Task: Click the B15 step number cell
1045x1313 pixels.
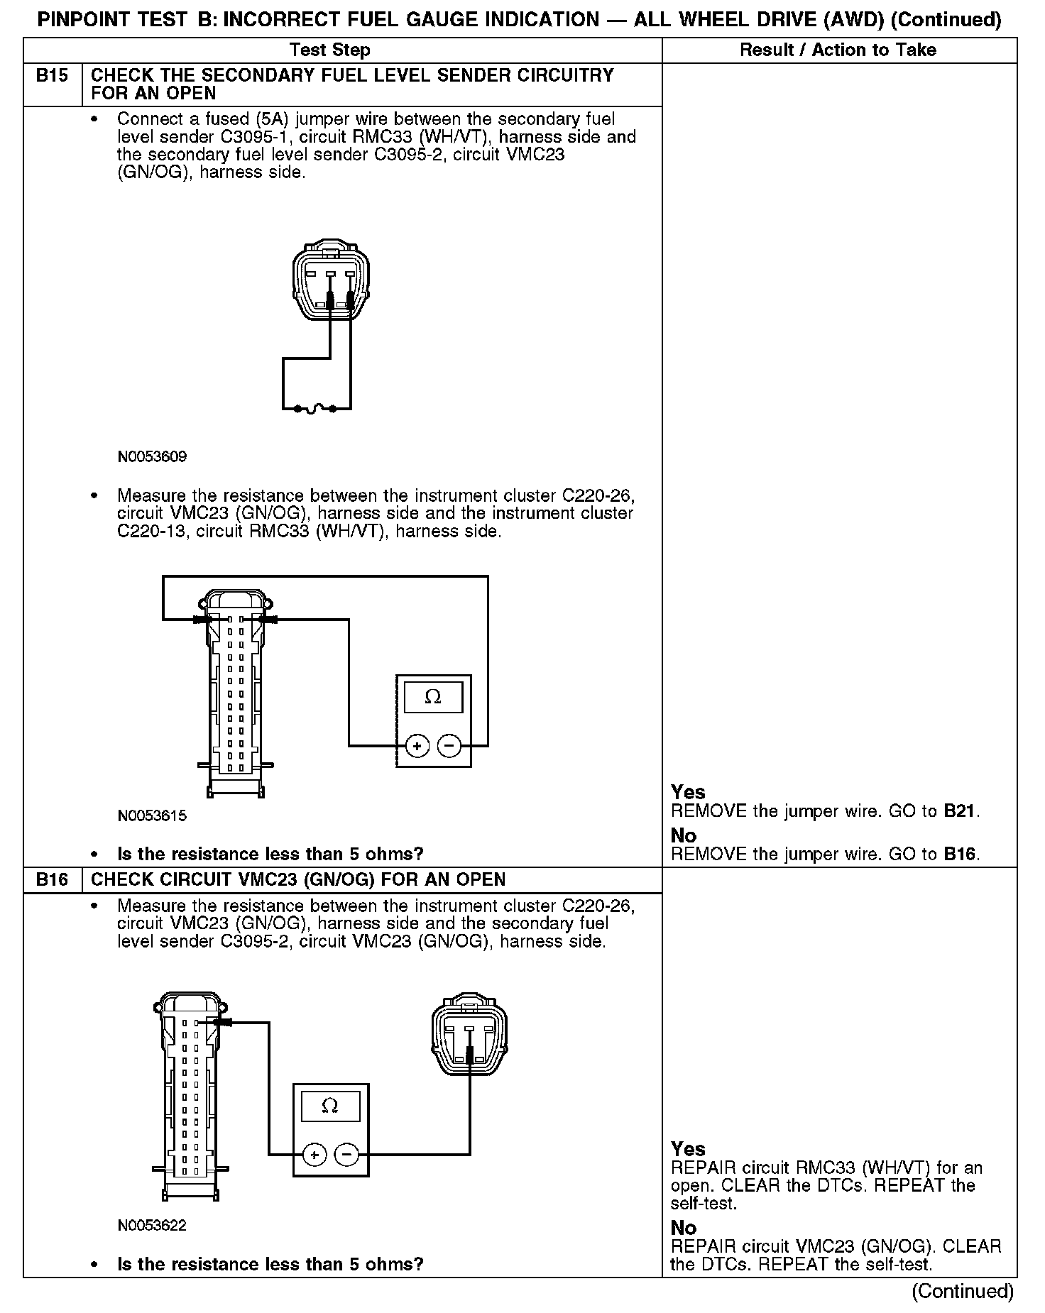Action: pyautogui.click(x=53, y=76)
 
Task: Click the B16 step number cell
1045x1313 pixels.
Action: pyautogui.click(x=53, y=880)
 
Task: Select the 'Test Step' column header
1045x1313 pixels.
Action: pyautogui.click(x=330, y=50)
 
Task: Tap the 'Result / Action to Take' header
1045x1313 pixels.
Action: pyautogui.click(x=838, y=50)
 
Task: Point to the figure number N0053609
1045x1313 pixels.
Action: pyautogui.click(x=152, y=457)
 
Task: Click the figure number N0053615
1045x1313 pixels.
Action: pyautogui.click(x=152, y=816)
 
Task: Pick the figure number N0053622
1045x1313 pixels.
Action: pyautogui.click(x=152, y=1226)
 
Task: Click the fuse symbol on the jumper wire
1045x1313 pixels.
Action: pyautogui.click(x=317, y=409)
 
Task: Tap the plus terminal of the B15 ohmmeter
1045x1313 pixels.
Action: pyautogui.click(x=417, y=746)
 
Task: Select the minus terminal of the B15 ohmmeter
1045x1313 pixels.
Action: pyautogui.click(x=449, y=746)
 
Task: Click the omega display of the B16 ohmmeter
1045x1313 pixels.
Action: pyautogui.click(x=330, y=1106)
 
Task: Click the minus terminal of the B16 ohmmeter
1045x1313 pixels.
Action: pyautogui.click(x=346, y=1155)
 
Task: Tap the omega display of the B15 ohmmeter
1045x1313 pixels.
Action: pyautogui.click(x=433, y=697)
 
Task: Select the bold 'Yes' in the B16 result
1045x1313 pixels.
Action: pyautogui.click(x=688, y=1148)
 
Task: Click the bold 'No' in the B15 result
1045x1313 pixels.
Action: pyautogui.click(x=684, y=835)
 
